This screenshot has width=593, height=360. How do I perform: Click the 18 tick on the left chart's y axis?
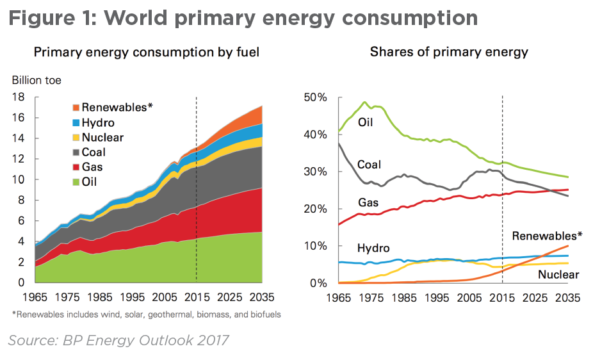pyautogui.click(x=19, y=97)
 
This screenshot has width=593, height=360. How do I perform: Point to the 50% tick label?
pyautogui.click(x=315, y=97)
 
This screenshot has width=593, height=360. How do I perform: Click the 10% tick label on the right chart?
pyautogui.click(x=315, y=246)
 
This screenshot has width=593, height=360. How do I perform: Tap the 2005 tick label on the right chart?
pyautogui.click(x=471, y=298)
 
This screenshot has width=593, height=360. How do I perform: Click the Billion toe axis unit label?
pyautogui.click(x=37, y=81)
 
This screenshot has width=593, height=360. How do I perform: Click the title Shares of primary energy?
pyautogui.click(x=449, y=52)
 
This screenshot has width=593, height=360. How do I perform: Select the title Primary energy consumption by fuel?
pyautogui.click(x=146, y=52)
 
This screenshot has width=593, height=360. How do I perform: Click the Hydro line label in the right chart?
pyautogui.click(x=373, y=248)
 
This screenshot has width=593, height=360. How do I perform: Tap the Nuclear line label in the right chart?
pyautogui.click(x=558, y=275)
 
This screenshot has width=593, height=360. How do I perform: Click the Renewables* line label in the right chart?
pyautogui.click(x=547, y=236)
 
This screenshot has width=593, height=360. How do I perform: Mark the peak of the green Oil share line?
pyautogui.click(x=364, y=102)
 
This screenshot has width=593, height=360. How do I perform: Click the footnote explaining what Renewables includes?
pyautogui.click(x=146, y=315)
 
